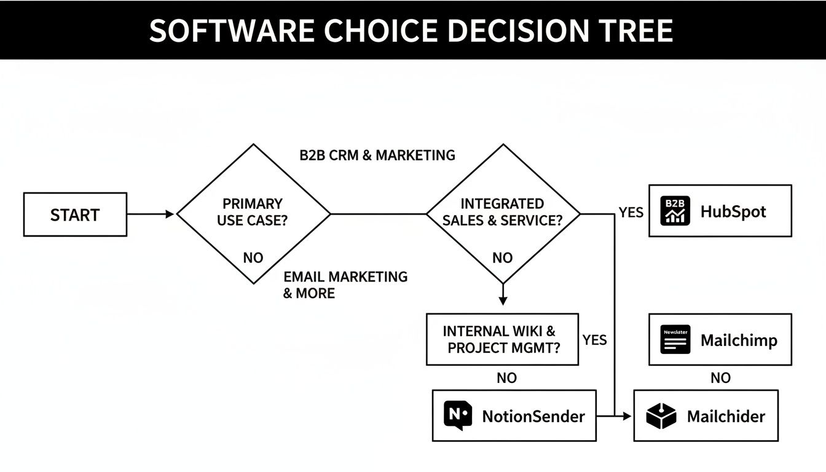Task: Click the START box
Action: (75, 214)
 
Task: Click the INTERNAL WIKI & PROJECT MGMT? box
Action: (502, 339)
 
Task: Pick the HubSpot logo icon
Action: (675, 211)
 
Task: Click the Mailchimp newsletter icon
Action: (675, 339)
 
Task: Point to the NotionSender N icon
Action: (458, 415)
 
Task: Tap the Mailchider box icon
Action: (661, 416)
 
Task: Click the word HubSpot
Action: (733, 212)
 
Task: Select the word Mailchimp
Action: (739, 340)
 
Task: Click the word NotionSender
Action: (533, 416)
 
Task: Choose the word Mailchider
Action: (726, 416)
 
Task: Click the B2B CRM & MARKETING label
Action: (377, 155)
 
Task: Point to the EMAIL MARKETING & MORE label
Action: (345, 285)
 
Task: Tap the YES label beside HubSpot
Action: (631, 213)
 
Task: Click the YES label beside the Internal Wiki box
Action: (594, 340)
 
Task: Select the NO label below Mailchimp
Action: (720, 378)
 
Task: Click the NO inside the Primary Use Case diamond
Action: (253, 258)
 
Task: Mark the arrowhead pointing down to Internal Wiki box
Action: (503, 301)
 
